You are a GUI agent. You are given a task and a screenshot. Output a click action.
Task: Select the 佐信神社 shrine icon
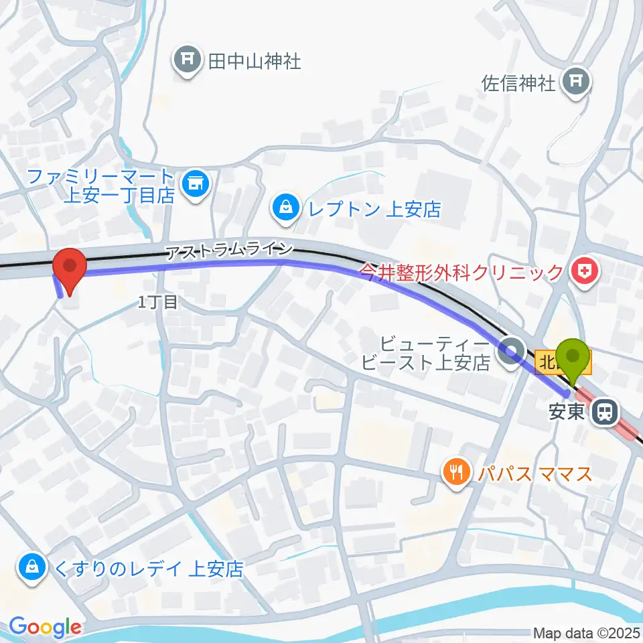pyautogui.click(x=575, y=83)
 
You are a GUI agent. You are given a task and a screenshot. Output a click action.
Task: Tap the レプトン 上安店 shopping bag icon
pyautogui.click(x=287, y=208)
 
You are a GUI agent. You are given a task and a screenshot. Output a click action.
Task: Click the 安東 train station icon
pyautogui.click(x=606, y=412)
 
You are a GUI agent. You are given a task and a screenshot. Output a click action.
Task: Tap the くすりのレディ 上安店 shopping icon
pyautogui.click(x=31, y=568)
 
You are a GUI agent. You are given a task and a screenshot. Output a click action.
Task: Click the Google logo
pyautogui.click(x=45, y=627)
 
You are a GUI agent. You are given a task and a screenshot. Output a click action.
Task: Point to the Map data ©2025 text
pyautogui.click(x=586, y=632)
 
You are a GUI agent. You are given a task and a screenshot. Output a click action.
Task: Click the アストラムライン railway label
pyautogui.click(x=229, y=251)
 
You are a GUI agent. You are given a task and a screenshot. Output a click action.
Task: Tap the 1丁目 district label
pyautogui.click(x=158, y=303)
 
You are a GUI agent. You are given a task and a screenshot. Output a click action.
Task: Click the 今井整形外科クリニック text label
pyautogui.click(x=462, y=272)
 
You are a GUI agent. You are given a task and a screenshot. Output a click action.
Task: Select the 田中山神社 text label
pyautogui.click(x=254, y=62)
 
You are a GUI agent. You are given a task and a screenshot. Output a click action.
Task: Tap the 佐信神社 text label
pyautogui.click(x=519, y=83)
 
